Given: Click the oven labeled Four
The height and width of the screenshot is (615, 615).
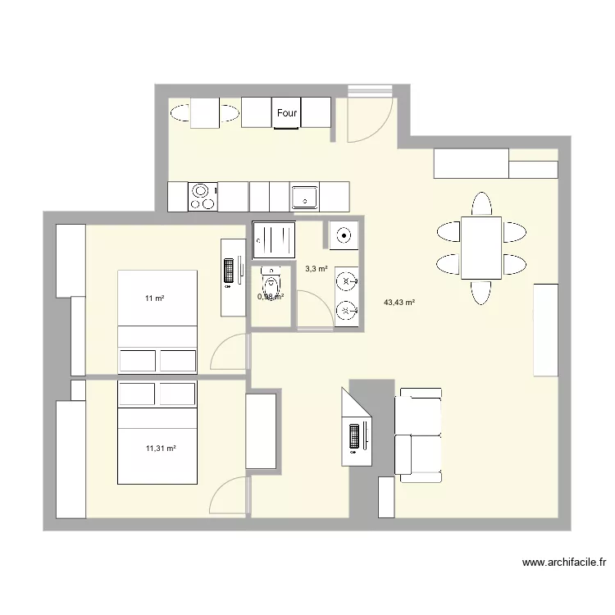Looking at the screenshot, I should pyautogui.click(x=286, y=113).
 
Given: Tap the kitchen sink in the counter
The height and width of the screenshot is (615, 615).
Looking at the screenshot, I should pyautogui.click(x=304, y=197).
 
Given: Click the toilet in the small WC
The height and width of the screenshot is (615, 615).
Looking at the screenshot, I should pyautogui.click(x=271, y=283).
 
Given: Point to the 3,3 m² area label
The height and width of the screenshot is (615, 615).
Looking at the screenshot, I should pyautogui.click(x=317, y=268).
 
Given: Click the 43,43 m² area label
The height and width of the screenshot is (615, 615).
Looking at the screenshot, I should pyautogui.click(x=399, y=303).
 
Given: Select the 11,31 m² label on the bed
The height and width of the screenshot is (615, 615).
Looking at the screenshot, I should pyautogui.click(x=161, y=448).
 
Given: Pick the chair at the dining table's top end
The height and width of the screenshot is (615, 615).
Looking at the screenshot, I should pyautogui.click(x=481, y=204).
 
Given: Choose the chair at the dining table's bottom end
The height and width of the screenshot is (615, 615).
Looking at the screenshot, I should pyautogui.click(x=481, y=291).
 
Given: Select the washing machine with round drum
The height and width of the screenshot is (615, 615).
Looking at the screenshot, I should pyautogui.click(x=344, y=236).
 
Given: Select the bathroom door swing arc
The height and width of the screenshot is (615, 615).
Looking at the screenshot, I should pyautogui.click(x=311, y=312).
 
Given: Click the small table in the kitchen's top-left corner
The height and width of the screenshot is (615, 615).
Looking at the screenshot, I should pyautogui.click(x=205, y=113).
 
